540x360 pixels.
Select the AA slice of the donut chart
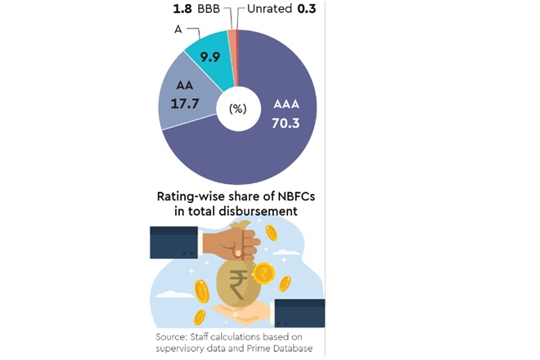[182, 106]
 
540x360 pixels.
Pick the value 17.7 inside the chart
[183, 105]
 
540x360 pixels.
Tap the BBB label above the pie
[210, 9]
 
